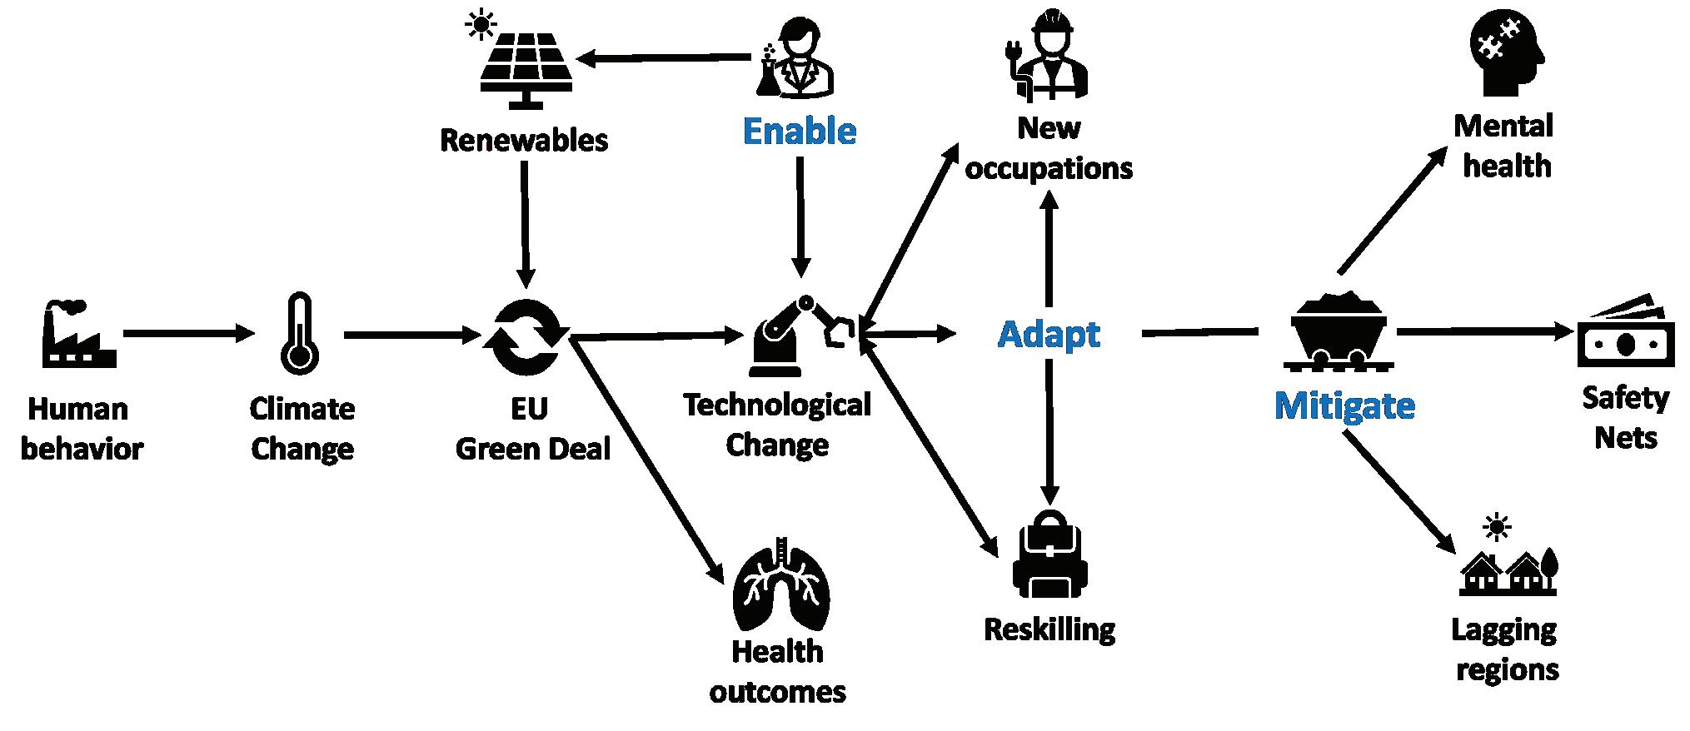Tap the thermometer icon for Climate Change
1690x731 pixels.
point(299,334)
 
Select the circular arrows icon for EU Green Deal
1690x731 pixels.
point(526,337)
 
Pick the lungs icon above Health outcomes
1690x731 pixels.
point(780,584)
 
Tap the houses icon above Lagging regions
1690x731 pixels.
point(1508,567)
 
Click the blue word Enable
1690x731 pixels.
point(799,132)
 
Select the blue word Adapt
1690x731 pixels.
point(1049,335)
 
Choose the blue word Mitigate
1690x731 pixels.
point(1344,406)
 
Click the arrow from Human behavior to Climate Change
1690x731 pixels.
point(188,335)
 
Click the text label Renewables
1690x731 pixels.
point(524,141)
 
